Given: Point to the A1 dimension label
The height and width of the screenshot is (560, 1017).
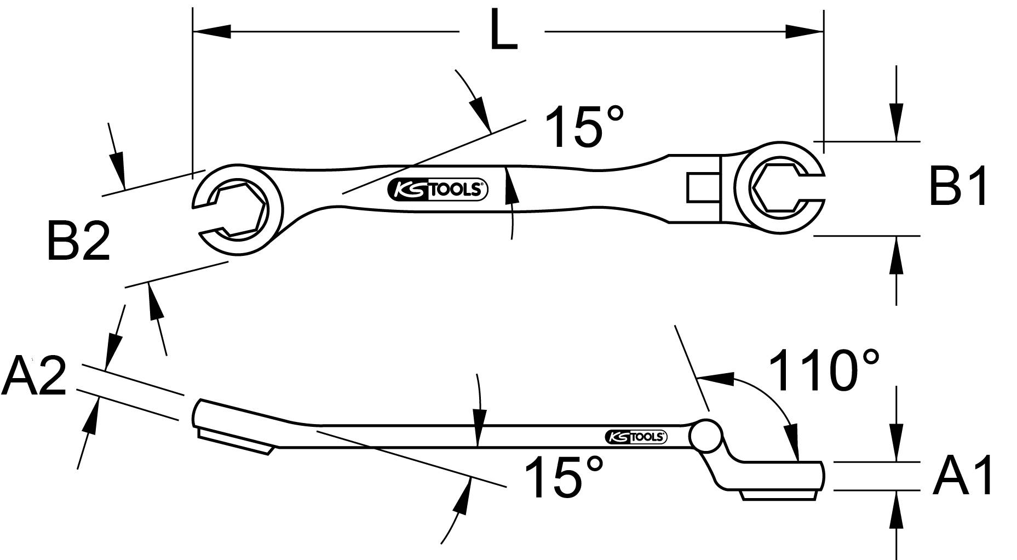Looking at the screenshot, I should [963, 477].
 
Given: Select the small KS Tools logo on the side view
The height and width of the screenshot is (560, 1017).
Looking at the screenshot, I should [635, 437].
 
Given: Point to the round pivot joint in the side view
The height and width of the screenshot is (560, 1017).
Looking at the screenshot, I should [705, 435].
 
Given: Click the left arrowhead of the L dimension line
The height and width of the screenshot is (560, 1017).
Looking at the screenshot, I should [211, 31].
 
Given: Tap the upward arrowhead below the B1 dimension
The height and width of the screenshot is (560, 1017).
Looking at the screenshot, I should [895, 253].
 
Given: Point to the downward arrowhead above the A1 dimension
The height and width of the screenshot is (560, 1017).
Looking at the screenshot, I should [895, 446].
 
